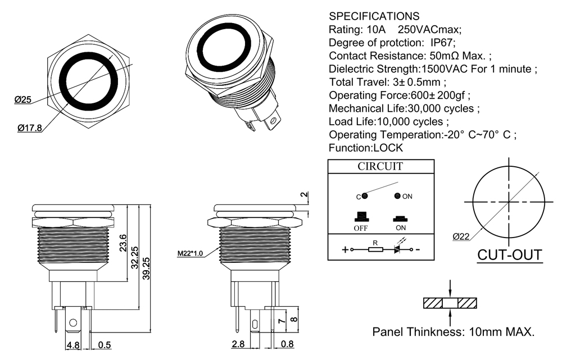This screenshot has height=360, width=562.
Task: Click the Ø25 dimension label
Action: point(22,100)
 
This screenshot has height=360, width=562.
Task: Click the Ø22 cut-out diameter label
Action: point(461,237)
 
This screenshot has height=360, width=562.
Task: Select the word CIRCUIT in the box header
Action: point(380,167)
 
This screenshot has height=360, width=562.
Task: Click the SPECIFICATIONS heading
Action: point(374,16)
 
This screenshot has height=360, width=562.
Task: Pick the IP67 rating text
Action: point(442,43)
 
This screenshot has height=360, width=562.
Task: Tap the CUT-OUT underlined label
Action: point(510,255)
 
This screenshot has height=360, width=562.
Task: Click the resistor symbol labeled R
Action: point(375,249)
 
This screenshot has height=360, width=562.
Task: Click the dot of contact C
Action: point(365,197)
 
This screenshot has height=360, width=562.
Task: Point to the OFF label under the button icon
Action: point(361,229)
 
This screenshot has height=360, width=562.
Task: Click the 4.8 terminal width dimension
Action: point(73,345)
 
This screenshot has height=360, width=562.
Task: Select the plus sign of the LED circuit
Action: point(345,249)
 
